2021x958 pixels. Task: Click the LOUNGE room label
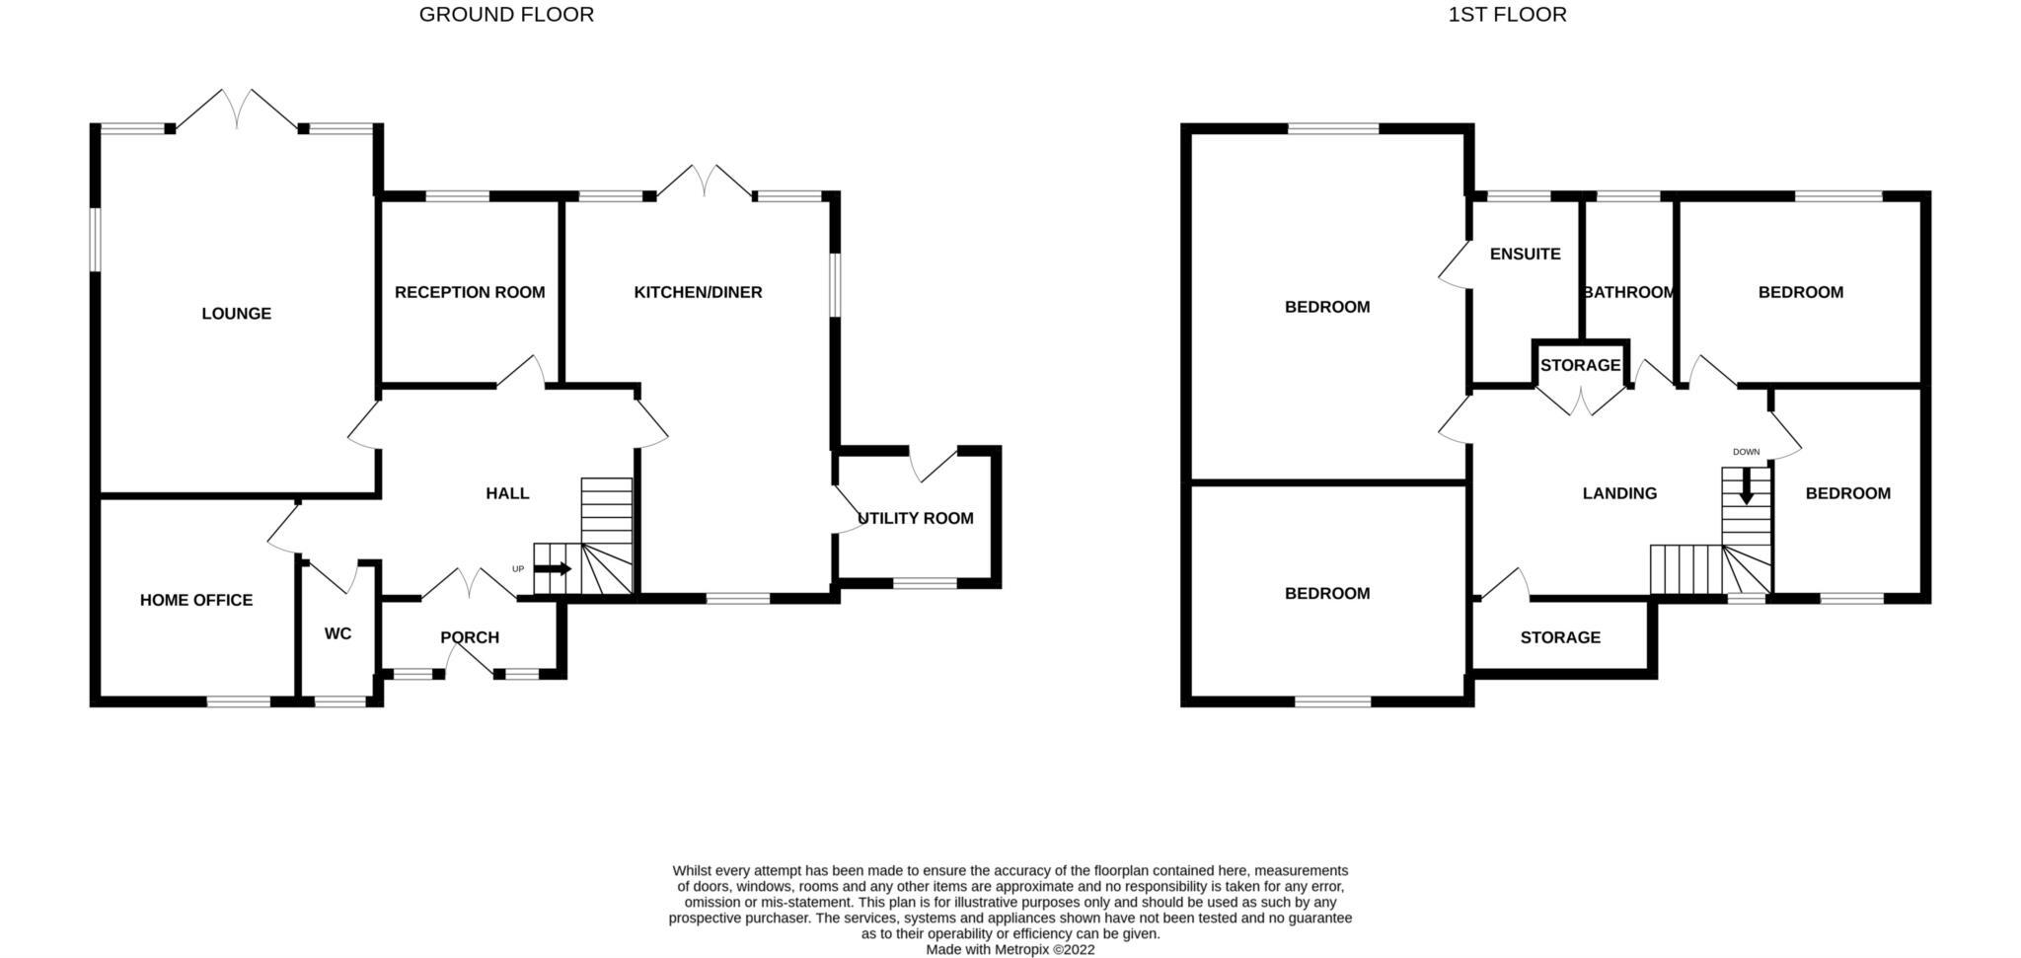pyautogui.click(x=236, y=314)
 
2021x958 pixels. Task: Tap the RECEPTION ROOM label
pyautogui.click(x=470, y=292)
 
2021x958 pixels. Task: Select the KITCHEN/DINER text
pyautogui.click(x=698, y=292)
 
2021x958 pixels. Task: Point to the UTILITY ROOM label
pyautogui.click(x=916, y=518)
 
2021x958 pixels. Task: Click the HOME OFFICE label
pyautogui.click(x=196, y=600)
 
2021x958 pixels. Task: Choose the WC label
pyautogui.click(x=337, y=633)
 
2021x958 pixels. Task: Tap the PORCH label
pyautogui.click(x=470, y=637)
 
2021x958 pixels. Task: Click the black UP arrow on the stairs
pyautogui.click(x=553, y=569)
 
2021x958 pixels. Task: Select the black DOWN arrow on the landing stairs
pyautogui.click(x=1746, y=486)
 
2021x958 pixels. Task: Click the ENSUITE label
pyautogui.click(x=1525, y=254)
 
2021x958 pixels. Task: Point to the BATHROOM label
pyautogui.click(x=1628, y=292)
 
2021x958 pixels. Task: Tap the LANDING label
pyautogui.click(x=1619, y=493)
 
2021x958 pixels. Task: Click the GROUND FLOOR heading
pyautogui.click(x=506, y=15)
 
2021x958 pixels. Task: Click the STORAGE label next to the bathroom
pyautogui.click(x=1580, y=365)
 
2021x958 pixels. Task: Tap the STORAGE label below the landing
pyautogui.click(x=1560, y=637)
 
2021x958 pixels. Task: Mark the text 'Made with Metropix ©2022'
pyautogui.click(x=1010, y=949)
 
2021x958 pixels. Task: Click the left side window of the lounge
pyautogui.click(x=95, y=238)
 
